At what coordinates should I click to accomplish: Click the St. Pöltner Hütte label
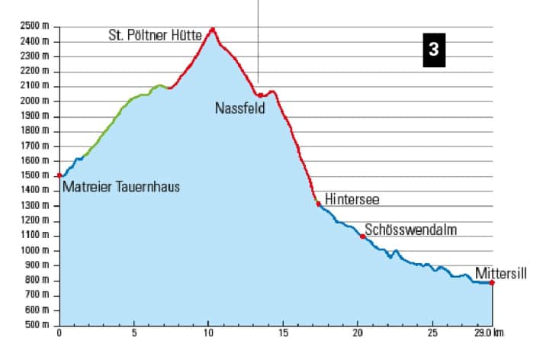pos(156,34)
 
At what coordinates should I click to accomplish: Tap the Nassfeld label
pos(239,108)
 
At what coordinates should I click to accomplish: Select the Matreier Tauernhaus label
pos(121,187)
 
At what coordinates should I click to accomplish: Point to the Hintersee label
pos(352,199)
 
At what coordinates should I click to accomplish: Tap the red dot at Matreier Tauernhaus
pos(59,175)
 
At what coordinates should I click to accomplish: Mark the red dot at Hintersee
pos(318,203)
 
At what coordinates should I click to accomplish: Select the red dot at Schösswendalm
pos(362,236)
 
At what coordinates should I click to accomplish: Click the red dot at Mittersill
pos(492,283)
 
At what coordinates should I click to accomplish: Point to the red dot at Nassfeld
pos(260,95)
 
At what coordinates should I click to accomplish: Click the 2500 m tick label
pos(37,26)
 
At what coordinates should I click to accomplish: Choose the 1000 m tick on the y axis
pos(37,250)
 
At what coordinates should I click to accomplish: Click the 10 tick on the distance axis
pos(209,333)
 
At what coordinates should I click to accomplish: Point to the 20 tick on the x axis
pos(358,333)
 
